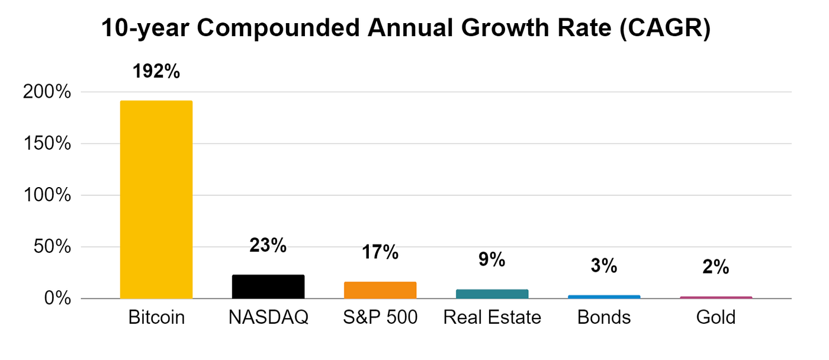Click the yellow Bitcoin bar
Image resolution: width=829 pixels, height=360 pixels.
click(156, 200)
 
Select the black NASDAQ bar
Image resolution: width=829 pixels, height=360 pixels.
click(268, 287)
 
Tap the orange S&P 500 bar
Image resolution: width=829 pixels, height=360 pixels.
click(380, 290)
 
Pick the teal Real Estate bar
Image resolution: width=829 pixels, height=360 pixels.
click(492, 294)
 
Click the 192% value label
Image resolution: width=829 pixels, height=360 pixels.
click(156, 72)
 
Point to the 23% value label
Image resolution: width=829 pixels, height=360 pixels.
click(268, 245)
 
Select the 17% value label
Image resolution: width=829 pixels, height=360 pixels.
click(380, 252)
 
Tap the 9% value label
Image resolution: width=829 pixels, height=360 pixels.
click(492, 259)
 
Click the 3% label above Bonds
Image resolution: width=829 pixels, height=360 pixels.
click(604, 266)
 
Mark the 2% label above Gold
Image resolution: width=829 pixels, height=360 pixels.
click(716, 268)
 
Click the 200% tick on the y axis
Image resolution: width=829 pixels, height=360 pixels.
click(47, 92)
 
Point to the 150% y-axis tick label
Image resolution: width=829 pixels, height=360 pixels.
click(47, 144)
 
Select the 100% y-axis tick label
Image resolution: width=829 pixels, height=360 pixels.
click(47, 195)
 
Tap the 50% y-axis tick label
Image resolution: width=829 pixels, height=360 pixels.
click(52, 247)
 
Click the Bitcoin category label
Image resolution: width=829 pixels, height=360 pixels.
click(156, 318)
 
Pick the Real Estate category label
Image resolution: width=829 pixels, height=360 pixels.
click(492, 318)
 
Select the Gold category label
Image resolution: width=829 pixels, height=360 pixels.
click(716, 318)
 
